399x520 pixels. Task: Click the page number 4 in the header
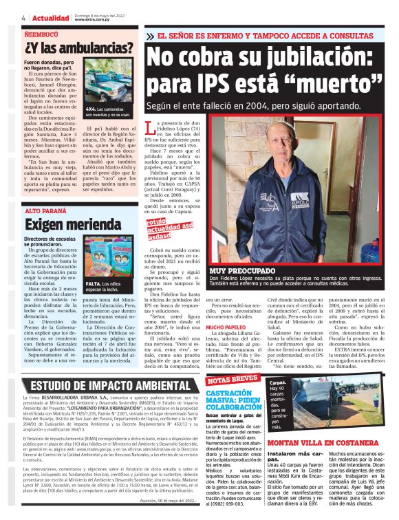point(24,17)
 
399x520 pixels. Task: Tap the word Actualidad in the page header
point(50,17)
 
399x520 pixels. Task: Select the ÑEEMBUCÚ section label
point(42,32)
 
